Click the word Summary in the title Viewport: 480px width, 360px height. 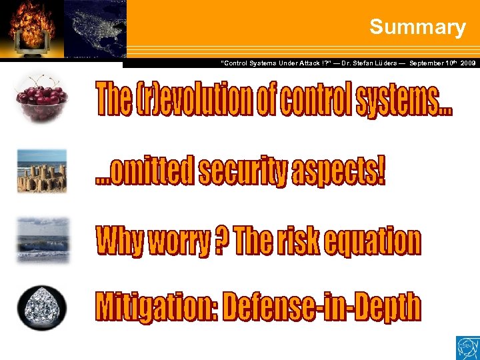pyautogui.click(x=417, y=27)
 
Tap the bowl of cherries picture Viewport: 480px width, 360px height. pyautogui.click(x=42, y=98)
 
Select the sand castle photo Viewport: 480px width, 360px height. pyautogui.click(x=42, y=171)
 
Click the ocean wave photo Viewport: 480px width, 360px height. pyautogui.click(x=42, y=239)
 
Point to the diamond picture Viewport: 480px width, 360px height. pyautogui.click(x=42, y=308)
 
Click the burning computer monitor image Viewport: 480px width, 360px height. pyautogui.click(x=32, y=28)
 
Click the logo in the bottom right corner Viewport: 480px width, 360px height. pyautogui.click(x=467, y=347)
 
